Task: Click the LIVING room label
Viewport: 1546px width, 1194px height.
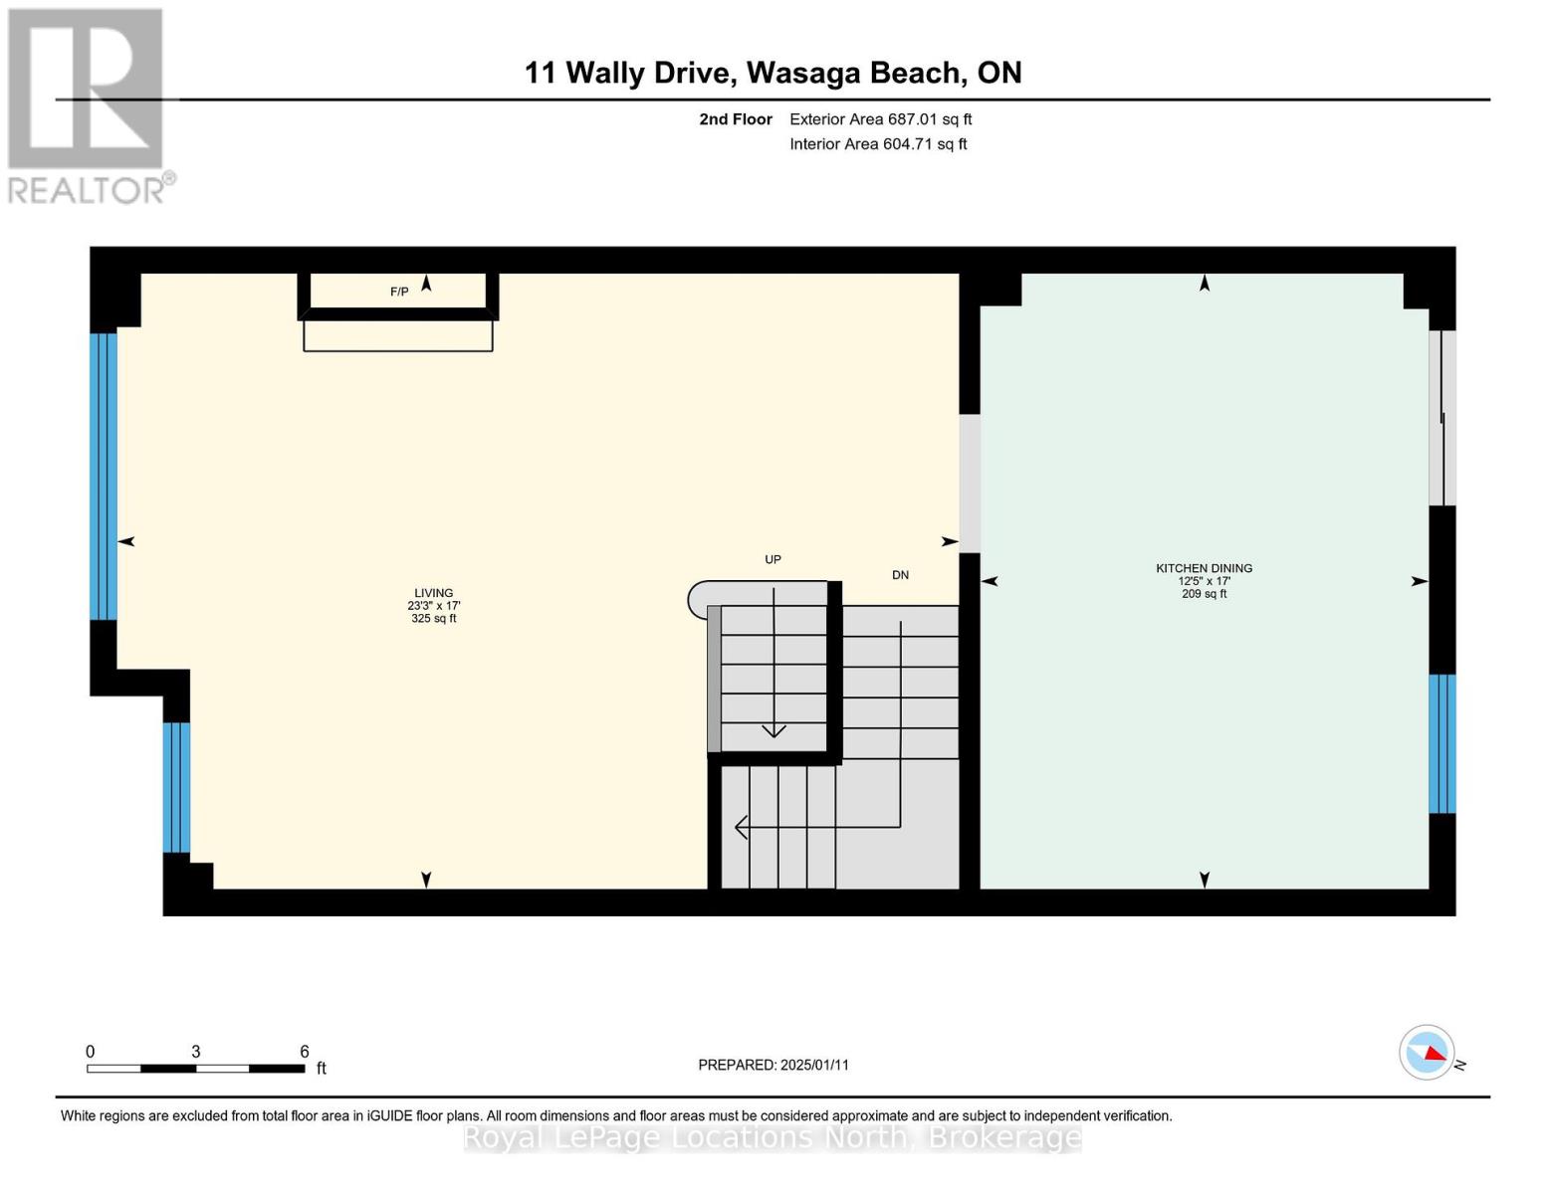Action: click(433, 593)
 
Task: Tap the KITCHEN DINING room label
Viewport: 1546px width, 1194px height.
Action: click(1204, 568)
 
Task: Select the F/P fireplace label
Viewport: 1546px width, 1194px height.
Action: click(398, 292)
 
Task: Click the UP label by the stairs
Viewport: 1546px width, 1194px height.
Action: click(773, 559)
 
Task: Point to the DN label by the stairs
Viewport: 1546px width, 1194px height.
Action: click(900, 575)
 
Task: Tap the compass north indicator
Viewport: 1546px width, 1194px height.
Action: click(1427, 1052)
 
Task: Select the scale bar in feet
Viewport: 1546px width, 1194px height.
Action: click(196, 1069)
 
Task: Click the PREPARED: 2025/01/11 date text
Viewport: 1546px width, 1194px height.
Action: click(773, 1065)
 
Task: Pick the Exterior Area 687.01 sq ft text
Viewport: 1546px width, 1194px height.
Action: click(880, 119)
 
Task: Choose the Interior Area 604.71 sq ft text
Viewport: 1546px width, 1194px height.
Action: click(878, 144)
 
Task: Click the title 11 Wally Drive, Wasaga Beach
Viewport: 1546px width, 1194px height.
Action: click(773, 73)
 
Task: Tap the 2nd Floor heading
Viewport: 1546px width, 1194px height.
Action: click(736, 119)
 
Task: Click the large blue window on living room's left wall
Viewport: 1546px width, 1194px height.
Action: click(104, 476)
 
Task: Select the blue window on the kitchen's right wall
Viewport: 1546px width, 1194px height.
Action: click(1441, 743)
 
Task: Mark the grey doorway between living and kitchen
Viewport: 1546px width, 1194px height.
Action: click(969, 483)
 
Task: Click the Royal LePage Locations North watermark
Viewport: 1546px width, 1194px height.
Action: click(773, 1137)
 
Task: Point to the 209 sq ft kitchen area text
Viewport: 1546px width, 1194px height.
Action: click(1204, 594)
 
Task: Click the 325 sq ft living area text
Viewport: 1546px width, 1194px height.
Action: click(433, 619)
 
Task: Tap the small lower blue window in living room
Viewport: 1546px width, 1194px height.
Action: click(176, 787)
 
